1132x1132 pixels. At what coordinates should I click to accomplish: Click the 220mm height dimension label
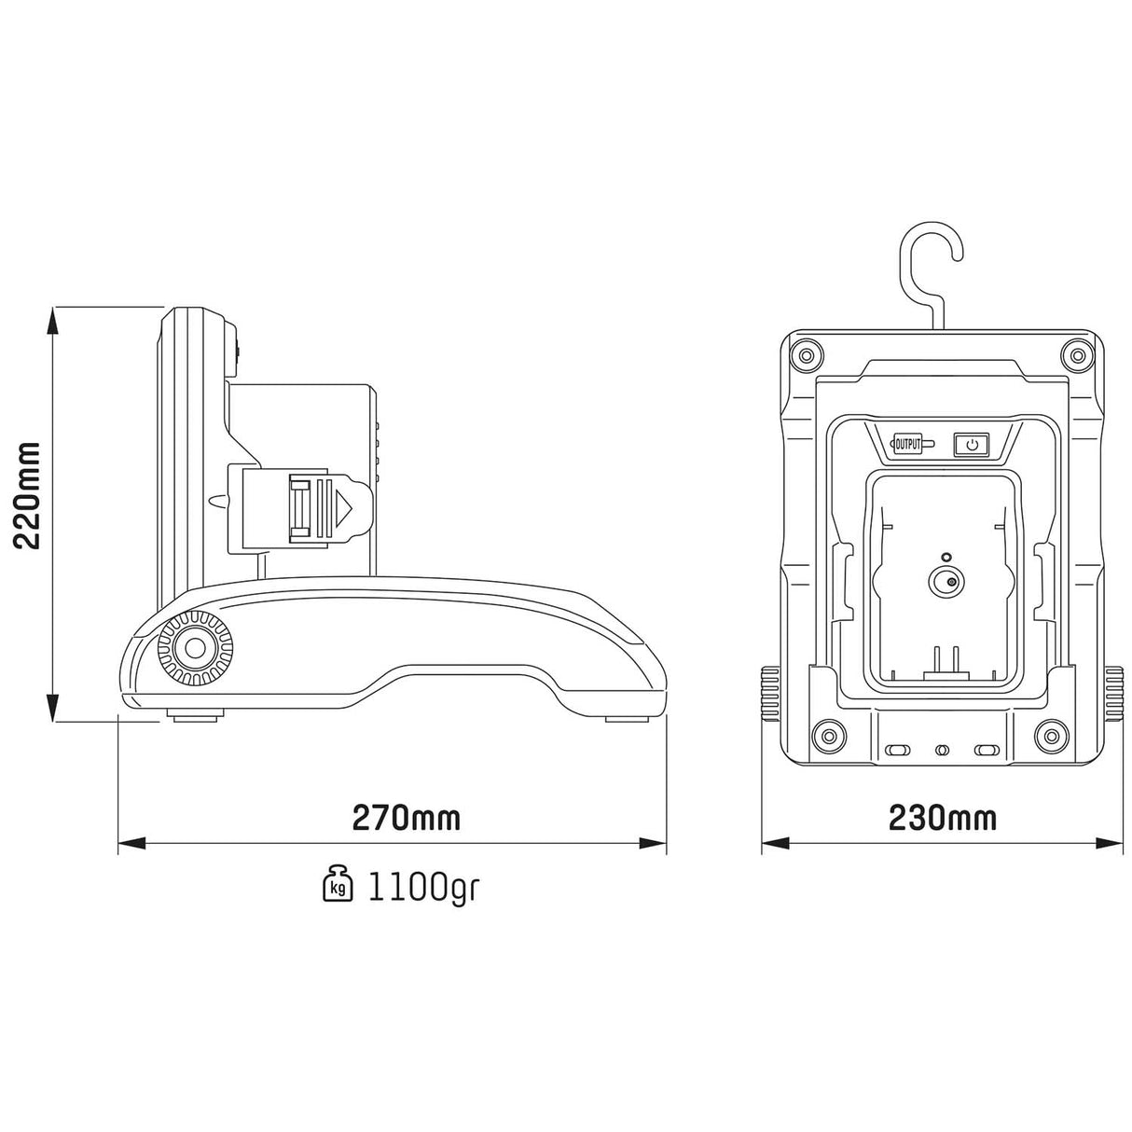[27, 496]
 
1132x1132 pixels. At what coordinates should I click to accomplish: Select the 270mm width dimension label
[406, 818]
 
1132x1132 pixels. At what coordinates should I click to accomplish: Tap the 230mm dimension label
[943, 818]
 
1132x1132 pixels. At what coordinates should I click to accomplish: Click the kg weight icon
[338, 884]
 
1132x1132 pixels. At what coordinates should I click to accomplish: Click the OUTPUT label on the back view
[907, 445]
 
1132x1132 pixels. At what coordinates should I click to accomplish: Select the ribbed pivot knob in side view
[195, 649]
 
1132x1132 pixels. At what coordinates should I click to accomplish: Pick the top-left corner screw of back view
[806, 355]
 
